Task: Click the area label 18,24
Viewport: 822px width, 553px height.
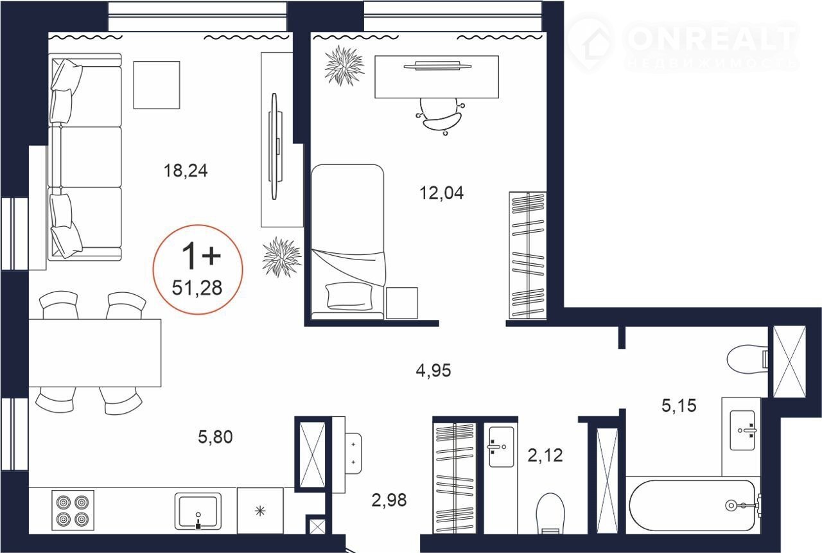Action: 186,171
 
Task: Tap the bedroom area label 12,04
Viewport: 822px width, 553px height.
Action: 441,193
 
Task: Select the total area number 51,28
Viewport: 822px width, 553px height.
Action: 197,288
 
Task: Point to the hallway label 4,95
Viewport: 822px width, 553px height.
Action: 433,371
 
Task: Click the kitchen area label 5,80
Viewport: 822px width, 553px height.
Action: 215,437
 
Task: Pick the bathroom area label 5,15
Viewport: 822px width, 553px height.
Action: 679,406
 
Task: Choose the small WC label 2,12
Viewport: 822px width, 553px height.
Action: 545,456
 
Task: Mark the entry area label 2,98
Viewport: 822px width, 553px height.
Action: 389,500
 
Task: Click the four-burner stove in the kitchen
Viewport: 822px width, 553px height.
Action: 73,510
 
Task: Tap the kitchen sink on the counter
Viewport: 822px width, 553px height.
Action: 198,511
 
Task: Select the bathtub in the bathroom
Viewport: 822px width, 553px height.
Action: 692,505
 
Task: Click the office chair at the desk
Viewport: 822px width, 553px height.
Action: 441,116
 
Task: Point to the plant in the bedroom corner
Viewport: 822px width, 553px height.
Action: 344,66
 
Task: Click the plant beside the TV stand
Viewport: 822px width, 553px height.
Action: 282,257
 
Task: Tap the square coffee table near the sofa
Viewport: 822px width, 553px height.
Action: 157,85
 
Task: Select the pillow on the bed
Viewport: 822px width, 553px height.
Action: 349,295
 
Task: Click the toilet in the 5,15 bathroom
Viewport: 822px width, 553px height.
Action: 747,359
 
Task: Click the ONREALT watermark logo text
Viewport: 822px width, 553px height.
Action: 711,39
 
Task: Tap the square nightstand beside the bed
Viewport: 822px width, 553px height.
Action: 402,303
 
